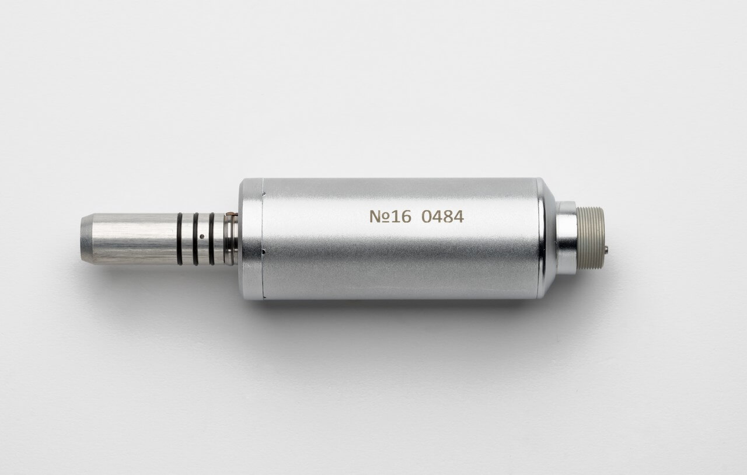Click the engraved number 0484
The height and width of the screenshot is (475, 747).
coord(442,216)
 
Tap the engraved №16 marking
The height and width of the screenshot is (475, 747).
coord(390,216)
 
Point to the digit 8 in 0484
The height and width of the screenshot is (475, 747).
coord(448,216)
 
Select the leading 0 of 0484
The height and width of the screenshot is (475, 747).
coord(427,216)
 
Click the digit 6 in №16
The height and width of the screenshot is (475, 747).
coord(406,216)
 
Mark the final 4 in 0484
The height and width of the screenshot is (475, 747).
coord(459,216)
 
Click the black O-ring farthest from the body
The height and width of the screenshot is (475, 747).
coord(179,239)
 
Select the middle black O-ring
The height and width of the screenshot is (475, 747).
coord(196,239)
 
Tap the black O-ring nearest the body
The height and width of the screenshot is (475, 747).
coord(211,239)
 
